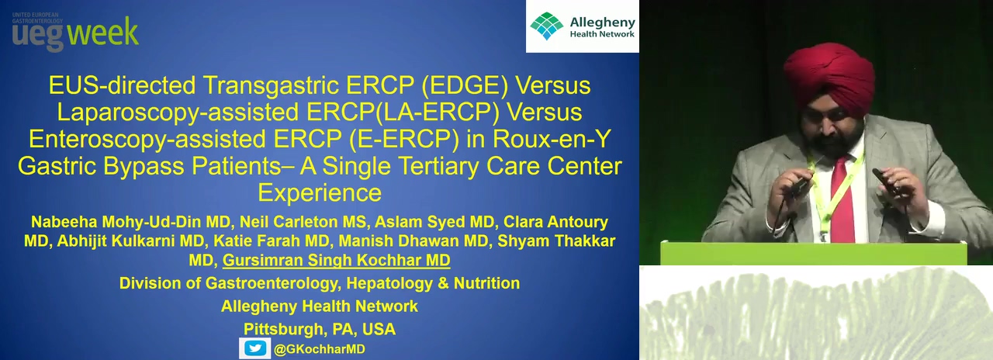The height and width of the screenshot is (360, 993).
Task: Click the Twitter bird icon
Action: point(255,348)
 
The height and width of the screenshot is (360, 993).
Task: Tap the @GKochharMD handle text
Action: point(320,349)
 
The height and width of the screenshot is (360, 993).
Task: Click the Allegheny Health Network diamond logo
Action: point(547,26)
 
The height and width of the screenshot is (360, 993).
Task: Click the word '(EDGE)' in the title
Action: point(465,85)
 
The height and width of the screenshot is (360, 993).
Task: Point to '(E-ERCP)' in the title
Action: point(404,139)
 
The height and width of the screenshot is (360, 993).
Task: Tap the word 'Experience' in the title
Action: point(320,193)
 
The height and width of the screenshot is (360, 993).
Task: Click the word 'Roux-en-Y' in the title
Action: point(552,139)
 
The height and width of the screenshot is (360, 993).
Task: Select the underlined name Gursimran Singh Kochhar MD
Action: point(336,260)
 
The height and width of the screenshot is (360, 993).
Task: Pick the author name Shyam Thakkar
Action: point(556,241)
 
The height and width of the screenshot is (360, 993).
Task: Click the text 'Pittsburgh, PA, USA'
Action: point(320,330)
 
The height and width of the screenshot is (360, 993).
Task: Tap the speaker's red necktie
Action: point(842,199)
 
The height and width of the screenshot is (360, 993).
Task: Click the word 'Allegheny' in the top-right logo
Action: point(603,22)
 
